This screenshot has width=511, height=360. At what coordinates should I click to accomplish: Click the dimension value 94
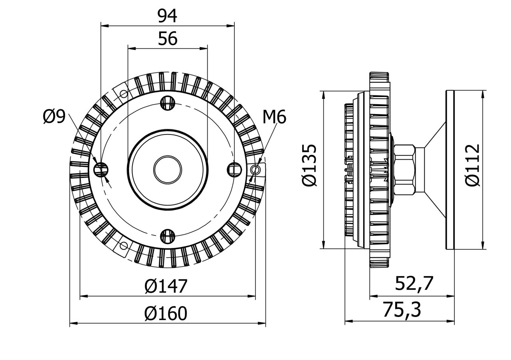tap(167, 16)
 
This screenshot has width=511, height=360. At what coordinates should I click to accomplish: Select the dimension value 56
tap(168, 39)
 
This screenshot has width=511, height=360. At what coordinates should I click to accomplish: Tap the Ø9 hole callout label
tap(54, 117)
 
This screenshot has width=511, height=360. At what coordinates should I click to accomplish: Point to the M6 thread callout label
tap(274, 117)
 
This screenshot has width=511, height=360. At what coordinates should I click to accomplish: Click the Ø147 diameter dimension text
tap(166, 286)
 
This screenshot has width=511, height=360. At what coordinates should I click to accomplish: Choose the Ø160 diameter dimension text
tap(166, 314)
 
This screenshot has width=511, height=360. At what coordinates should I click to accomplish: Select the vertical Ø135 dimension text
tap(310, 165)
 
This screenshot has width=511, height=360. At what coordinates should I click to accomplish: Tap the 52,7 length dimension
tap(414, 284)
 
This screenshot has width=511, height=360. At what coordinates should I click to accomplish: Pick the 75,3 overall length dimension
tap(402, 310)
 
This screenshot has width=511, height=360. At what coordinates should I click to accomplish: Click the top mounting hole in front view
tap(168, 103)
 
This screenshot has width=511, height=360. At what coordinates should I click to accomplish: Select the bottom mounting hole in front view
tap(168, 236)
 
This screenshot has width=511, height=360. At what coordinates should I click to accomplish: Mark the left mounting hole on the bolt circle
tap(101, 170)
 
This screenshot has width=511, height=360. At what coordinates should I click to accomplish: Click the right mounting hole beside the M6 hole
tap(234, 170)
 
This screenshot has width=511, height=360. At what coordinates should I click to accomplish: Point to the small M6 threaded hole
tap(255, 170)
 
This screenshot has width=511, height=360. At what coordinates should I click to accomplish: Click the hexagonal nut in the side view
tap(404, 170)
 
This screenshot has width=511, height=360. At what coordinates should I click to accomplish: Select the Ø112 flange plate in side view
tap(450, 170)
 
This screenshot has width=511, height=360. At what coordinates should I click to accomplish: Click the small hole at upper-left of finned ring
tap(124, 94)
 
